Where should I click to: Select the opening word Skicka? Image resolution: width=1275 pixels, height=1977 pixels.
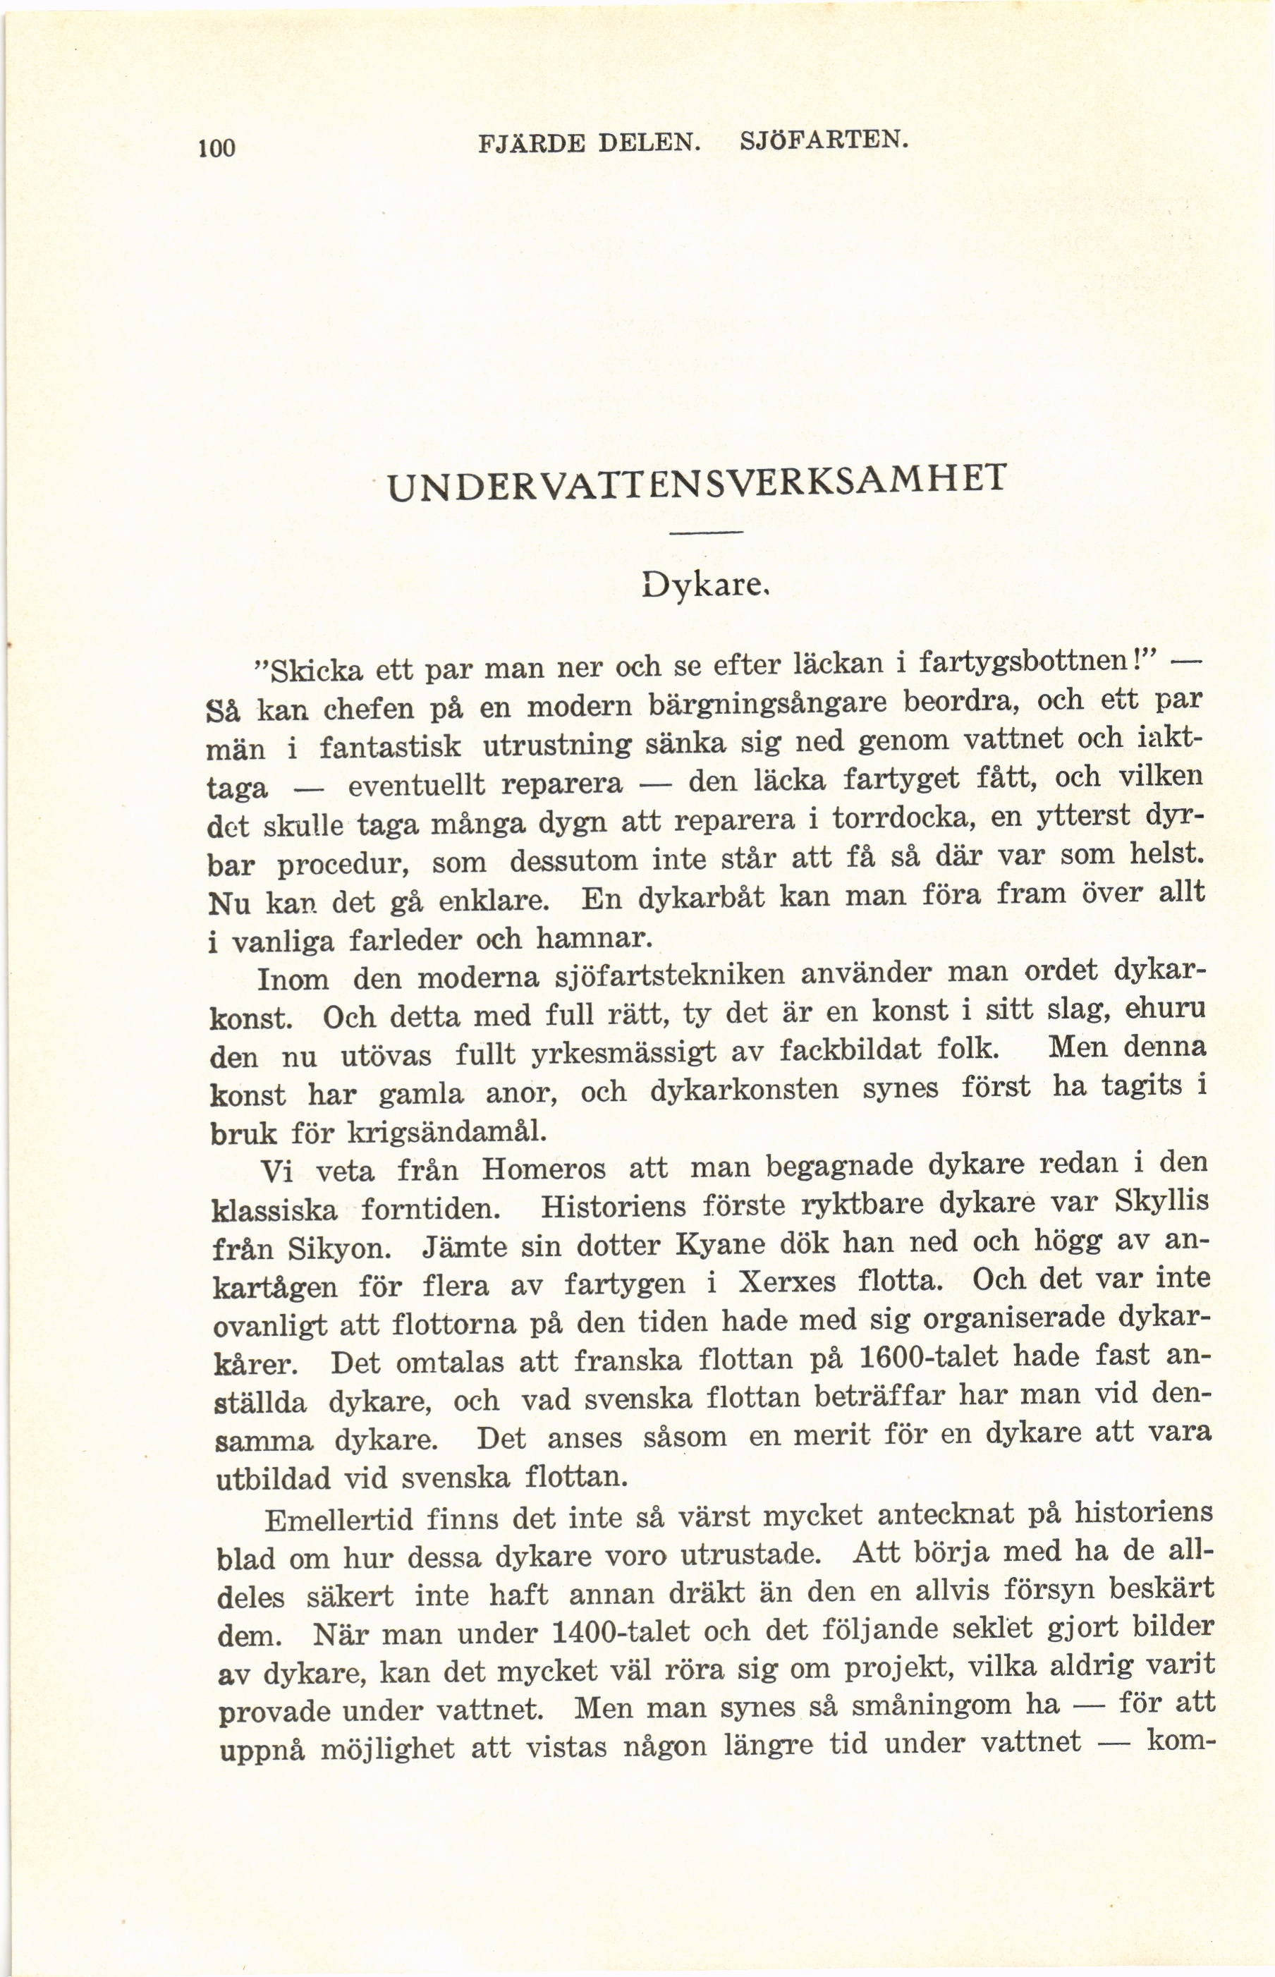coord(310,668)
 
